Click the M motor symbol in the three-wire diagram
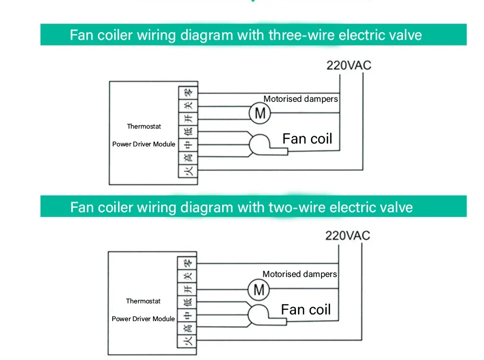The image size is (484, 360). pyautogui.click(x=260, y=113)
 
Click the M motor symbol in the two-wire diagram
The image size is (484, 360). pyautogui.click(x=259, y=289)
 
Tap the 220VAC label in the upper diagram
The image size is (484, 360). pyautogui.click(x=349, y=65)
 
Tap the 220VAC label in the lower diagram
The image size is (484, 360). pyautogui.click(x=347, y=235)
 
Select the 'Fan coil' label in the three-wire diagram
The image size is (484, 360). pyautogui.click(x=307, y=139)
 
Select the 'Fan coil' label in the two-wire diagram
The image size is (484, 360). pyautogui.click(x=306, y=310)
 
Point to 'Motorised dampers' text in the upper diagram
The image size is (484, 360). pyautogui.click(x=300, y=99)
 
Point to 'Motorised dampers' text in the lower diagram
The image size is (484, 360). pyautogui.click(x=299, y=274)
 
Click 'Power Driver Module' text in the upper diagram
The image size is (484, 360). pyautogui.click(x=143, y=144)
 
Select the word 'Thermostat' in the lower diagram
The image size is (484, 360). pyautogui.click(x=143, y=301)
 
